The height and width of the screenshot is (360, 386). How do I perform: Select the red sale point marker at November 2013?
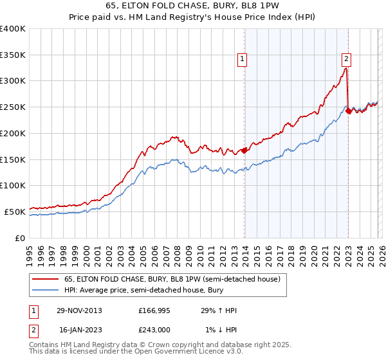tap(244, 151)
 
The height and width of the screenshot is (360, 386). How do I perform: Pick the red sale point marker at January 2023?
tap(349, 111)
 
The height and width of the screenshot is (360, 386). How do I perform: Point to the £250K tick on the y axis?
tap(13, 107)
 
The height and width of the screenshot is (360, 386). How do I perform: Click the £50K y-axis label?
tap(14, 212)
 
